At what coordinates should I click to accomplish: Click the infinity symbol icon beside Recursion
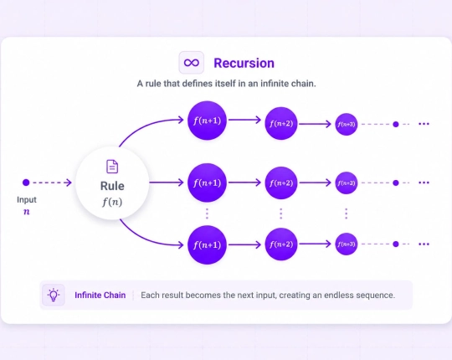point(192,63)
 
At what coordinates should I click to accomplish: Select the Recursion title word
point(244,63)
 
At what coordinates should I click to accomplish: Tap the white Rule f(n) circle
point(112,183)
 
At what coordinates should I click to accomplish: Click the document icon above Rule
point(112,167)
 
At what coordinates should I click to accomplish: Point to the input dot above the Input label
point(26,183)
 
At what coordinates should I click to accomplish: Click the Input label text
point(27,199)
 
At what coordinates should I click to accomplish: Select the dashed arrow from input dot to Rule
point(52,183)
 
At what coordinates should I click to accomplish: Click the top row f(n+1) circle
point(207,121)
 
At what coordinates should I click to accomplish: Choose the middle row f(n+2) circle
point(281,183)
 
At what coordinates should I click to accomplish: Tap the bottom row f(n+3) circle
point(347,244)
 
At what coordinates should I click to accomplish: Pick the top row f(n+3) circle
point(347,124)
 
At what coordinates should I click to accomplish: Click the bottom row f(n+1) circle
point(207,245)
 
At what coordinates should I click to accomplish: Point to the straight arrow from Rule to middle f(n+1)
point(167,183)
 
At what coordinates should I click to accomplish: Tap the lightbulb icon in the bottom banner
point(54,295)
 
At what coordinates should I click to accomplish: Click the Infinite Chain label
point(100,296)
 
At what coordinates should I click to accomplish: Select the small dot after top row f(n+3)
point(396,124)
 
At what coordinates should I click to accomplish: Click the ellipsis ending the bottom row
point(424,244)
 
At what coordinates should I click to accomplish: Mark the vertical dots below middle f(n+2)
point(281,213)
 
